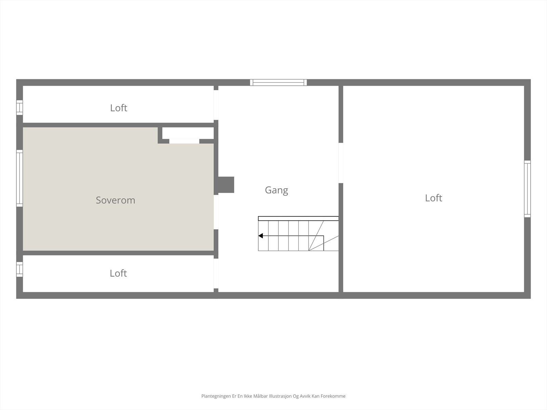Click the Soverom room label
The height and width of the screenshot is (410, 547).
[115, 200]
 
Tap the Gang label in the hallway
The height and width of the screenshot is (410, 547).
[276, 190]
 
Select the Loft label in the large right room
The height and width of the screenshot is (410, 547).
[433, 198]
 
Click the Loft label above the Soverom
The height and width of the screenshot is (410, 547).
[119, 108]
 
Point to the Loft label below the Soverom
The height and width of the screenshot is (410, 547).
[118, 273]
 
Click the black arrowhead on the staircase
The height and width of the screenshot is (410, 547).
[261, 235]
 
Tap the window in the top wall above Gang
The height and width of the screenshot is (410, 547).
[278, 82]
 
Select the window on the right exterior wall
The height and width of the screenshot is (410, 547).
[527, 189]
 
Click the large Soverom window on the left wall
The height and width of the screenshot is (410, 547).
[19, 178]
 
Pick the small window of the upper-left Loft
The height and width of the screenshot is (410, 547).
[19, 108]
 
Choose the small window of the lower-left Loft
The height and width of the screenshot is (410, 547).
[19, 269]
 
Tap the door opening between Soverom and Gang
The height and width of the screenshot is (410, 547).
[216, 212]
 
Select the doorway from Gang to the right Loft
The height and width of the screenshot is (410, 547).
[341, 163]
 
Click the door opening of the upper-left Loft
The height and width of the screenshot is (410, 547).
[216, 105]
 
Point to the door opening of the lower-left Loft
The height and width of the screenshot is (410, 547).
[216, 274]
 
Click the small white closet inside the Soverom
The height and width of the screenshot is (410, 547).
[188, 134]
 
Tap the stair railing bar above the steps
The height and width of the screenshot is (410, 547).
[298, 219]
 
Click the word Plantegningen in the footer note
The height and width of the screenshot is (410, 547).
[216, 396]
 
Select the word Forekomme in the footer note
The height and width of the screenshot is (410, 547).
[333, 396]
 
